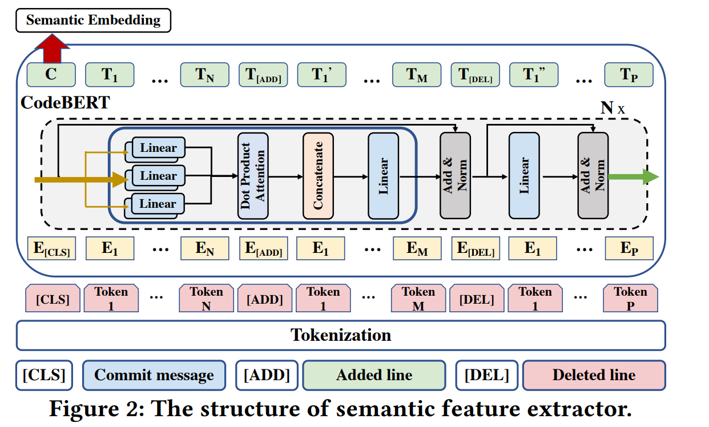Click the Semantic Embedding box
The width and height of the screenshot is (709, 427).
[x=94, y=21]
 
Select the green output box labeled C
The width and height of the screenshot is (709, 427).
[x=51, y=75]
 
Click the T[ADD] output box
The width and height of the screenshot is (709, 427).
[x=263, y=75]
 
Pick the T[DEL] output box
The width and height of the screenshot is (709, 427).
[x=475, y=75]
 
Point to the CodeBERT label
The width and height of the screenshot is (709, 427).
[x=65, y=103]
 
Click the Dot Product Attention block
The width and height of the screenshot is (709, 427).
[x=253, y=176]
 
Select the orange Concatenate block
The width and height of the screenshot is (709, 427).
[x=318, y=176]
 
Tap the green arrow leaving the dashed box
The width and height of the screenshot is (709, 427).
[x=633, y=177]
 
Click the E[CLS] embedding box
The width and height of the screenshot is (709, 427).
[x=51, y=249]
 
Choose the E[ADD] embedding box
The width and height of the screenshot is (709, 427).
[x=263, y=249]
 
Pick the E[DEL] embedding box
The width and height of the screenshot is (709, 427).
[x=475, y=249]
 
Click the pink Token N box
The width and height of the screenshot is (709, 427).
[x=206, y=299]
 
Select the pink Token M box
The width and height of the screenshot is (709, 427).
[x=418, y=299]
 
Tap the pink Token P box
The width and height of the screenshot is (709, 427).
[x=630, y=299]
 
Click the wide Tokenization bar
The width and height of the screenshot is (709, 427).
[x=341, y=335]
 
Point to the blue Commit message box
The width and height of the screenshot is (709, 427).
[x=154, y=375]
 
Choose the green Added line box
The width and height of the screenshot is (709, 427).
[x=374, y=375]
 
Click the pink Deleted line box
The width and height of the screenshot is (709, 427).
[x=594, y=375]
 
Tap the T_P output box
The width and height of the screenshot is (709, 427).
[x=629, y=75]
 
